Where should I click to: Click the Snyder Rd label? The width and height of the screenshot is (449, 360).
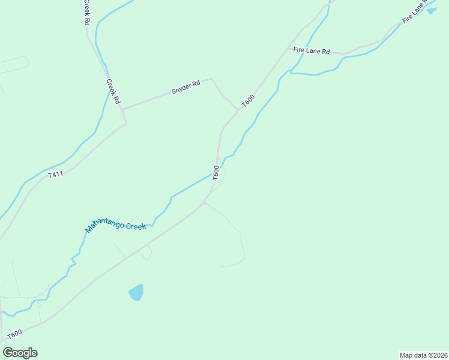click(185, 88)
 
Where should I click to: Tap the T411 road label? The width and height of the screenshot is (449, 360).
click(55, 175)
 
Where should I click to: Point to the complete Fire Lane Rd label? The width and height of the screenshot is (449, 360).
click(312, 51)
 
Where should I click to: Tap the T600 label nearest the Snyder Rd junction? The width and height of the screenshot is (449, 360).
click(248, 101)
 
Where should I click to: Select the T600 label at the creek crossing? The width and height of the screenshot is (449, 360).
click(215, 172)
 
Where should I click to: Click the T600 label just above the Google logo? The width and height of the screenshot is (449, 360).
click(14, 334)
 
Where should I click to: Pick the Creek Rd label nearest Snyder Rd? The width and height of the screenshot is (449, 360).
click(113, 91)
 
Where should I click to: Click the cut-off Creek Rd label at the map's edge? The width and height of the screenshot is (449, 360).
click(87, 12)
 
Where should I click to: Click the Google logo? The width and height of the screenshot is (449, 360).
click(20, 352)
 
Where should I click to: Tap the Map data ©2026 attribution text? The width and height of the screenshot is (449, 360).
click(423, 355)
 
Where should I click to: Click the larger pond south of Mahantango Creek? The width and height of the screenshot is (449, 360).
click(137, 293)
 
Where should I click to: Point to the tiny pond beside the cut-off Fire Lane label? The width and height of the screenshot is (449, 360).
click(432, 10)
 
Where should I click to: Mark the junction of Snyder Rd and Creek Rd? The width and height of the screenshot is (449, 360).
click(122, 109)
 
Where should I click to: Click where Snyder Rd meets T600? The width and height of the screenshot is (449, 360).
click(238, 110)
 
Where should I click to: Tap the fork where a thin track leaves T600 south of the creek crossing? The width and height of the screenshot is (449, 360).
click(204, 203)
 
